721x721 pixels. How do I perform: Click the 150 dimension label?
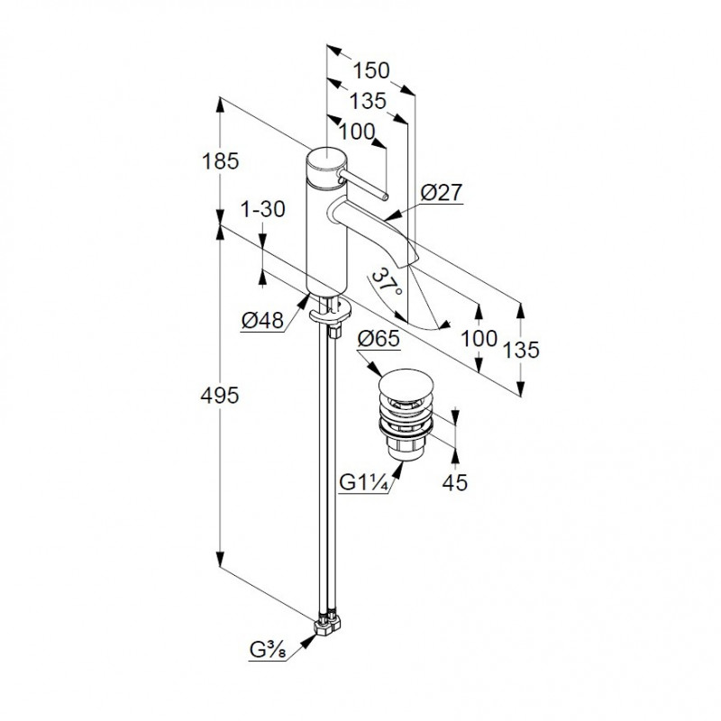pos(370,69)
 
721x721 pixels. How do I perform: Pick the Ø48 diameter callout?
pos(262,320)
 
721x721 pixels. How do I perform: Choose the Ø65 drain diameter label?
pos(379,341)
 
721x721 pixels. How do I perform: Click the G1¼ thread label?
pos(364,483)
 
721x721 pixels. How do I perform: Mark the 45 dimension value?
pos(455,483)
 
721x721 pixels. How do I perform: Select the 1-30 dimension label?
pos(263,209)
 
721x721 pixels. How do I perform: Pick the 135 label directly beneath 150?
pos(370,100)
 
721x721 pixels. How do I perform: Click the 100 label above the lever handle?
pos(358,132)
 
